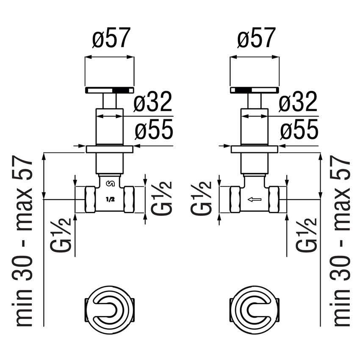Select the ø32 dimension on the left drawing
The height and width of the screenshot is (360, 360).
(153, 102)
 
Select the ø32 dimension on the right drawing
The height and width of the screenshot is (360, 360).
(298, 102)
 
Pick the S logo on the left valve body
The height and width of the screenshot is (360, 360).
(110, 183)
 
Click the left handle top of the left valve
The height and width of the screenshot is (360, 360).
(110, 90)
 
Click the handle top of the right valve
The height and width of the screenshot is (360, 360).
(255, 90)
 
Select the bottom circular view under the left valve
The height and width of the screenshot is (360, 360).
(110, 306)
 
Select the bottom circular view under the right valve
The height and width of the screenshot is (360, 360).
(255, 306)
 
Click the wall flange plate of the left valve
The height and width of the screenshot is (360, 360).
(110, 149)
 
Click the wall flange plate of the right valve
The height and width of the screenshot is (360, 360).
(255, 149)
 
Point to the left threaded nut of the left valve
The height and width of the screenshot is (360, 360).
(90, 199)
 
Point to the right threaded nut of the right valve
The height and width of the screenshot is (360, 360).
(274, 199)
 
